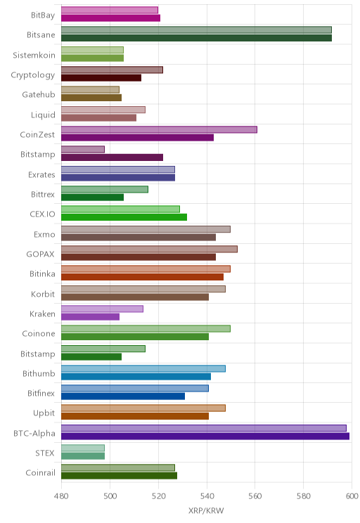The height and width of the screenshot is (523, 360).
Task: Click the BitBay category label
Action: [x=43, y=15]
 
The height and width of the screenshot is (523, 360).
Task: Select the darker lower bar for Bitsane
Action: [x=196, y=38]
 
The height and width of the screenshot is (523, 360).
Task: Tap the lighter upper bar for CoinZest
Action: [x=159, y=130]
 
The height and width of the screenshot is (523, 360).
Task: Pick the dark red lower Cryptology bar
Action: [x=101, y=78]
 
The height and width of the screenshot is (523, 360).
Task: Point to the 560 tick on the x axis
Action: [x=255, y=496]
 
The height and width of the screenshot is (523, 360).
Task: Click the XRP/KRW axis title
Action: [x=206, y=510]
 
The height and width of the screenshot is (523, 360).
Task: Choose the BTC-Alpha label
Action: [x=34, y=433]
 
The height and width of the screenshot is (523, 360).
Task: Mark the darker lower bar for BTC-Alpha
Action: [x=205, y=437]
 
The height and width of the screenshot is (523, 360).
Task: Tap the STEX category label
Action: [x=45, y=453]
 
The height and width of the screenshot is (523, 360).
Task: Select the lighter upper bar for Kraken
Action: [x=103, y=309]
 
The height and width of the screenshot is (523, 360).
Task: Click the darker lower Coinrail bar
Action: [x=119, y=476]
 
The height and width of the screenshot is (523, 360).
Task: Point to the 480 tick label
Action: [x=61, y=496]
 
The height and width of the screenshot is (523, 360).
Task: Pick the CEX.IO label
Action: [x=42, y=214]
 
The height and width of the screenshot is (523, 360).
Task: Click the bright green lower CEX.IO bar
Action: [x=124, y=217]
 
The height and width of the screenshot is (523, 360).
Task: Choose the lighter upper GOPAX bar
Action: [x=150, y=249]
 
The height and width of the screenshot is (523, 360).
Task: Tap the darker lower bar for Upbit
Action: [x=135, y=416]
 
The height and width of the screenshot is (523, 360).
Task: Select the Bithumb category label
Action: [x=39, y=373]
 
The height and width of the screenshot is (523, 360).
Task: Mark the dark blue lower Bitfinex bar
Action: [x=123, y=396]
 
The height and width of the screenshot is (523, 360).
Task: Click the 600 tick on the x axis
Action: [x=352, y=496]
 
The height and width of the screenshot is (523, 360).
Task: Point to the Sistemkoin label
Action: [x=34, y=55]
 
